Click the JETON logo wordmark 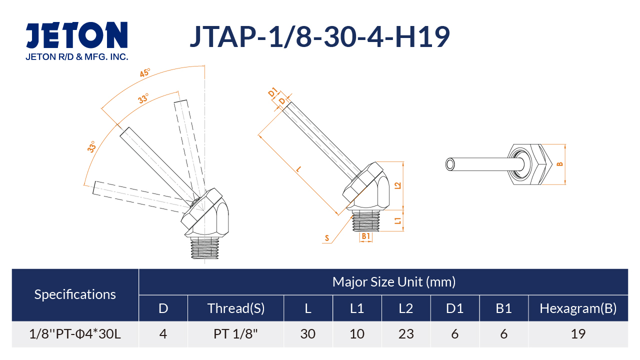(x=76, y=34)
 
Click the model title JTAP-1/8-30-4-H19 (x=320, y=36)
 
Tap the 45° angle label (x=145, y=73)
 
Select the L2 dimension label (x=397, y=185)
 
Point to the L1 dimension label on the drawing (x=397, y=220)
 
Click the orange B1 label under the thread (x=366, y=236)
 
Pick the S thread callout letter (x=327, y=238)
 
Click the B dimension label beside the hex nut (x=560, y=164)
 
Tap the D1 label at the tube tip (x=273, y=92)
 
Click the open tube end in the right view (x=450, y=164)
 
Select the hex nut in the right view (x=530, y=164)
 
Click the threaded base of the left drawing (x=204, y=248)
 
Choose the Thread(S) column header (x=236, y=308)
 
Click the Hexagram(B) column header (x=578, y=308)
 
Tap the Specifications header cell (x=75, y=294)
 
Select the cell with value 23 (x=406, y=334)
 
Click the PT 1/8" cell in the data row (x=235, y=334)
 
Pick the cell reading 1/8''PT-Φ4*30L (x=75, y=334)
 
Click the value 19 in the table (x=578, y=334)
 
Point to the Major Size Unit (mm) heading (x=394, y=282)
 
